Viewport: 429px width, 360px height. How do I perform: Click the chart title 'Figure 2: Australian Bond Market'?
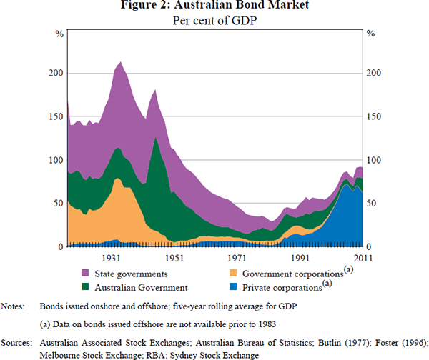[x=215, y=7]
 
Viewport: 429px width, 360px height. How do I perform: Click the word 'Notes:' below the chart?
[x=13, y=306]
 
